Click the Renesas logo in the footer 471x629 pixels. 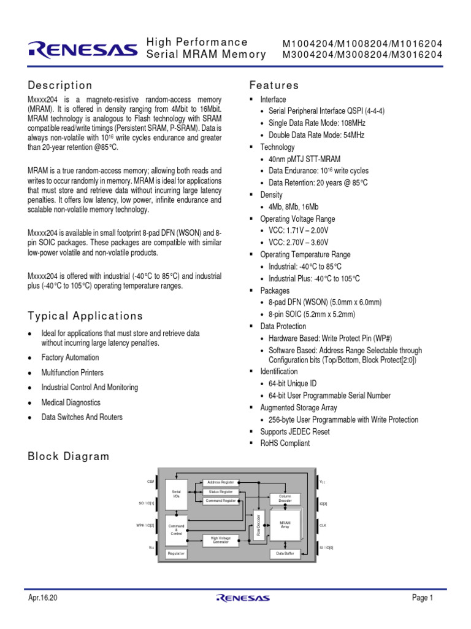pyautogui.click(x=243, y=598)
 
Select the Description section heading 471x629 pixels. pyautogui.click(x=60, y=85)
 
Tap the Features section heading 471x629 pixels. pyautogui.click(x=274, y=85)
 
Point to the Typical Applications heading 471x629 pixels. pyautogui.click(x=85, y=316)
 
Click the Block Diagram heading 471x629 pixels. pyautogui.click(x=69, y=456)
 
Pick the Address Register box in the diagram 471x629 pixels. pyautogui.click(x=221, y=483)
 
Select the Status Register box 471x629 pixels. pyautogui.click(x=221, y=492)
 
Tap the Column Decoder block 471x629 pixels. pyautogui.click(x=285, y=498)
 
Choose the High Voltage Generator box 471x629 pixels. pyautogui.click(x=221, y=540)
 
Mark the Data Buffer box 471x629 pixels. pyautogui.click(x=285, y=553)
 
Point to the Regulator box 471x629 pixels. pyautogui.click(x=176, y=553)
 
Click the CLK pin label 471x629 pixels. pyautogui.click(x=323, y=525)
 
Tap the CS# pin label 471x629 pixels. pyautogui.click(x=150, y=482)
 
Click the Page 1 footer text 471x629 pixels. pyautogui.click(x=423, y=598)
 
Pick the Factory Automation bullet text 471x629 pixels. pyautogui.click(x=70, y=357)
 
